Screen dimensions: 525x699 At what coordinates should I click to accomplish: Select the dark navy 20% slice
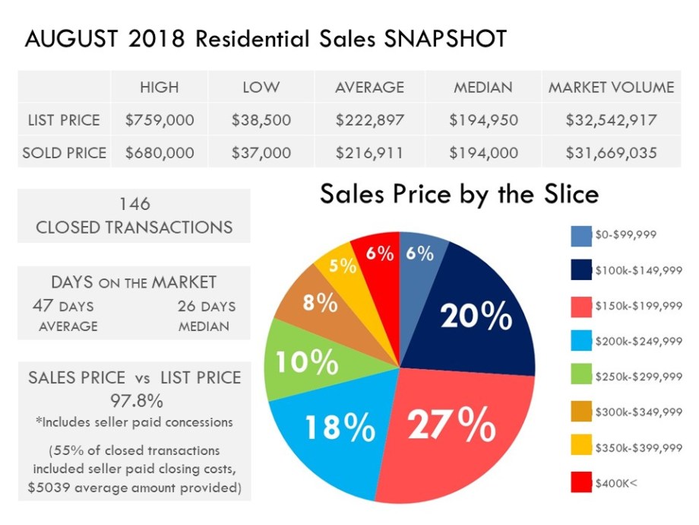point(479,312)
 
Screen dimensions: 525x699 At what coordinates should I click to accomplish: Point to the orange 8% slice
point(319,304)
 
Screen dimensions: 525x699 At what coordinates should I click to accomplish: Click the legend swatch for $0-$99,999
point(581,235)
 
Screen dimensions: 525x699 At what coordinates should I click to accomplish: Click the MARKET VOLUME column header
point(611,87)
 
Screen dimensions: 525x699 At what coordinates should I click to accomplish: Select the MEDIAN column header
point(483,87)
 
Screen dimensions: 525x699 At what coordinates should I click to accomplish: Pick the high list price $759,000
point(159,120)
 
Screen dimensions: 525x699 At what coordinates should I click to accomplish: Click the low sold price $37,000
point(261,153)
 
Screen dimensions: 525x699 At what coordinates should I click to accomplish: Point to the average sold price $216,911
point(369,153)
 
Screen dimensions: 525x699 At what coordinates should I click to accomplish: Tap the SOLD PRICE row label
point(65,153)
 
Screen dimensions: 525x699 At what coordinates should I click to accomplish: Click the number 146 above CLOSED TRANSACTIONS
point(134,204)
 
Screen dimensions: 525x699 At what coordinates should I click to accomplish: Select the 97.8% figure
point(134,400)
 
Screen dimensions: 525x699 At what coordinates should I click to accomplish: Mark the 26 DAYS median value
point(207,307)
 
